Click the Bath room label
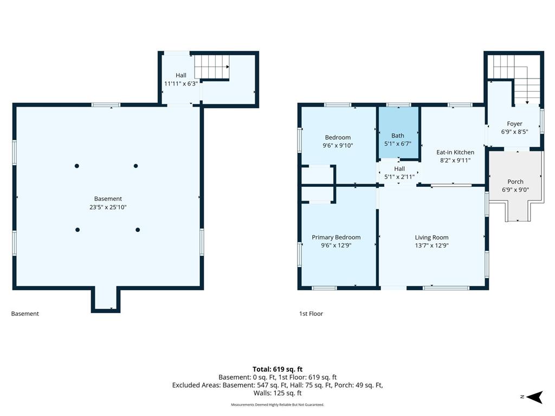tap(397, 135)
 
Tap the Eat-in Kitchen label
tap(455, 152)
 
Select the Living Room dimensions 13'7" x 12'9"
tap(432, 245)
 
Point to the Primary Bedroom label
tap(336, 237)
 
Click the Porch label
tap(515, 181)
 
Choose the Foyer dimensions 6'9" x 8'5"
tap(515, 132)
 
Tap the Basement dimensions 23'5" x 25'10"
tap(108, 207)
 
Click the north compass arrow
tap(534, 397)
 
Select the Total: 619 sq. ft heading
tap(277, 369)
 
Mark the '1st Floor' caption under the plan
tap(311, 314)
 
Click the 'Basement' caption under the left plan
tap(25, 314)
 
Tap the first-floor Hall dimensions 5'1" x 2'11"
tap(399, 177)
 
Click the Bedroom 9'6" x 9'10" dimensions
tap(338, 145)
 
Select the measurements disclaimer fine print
tap(277, 405)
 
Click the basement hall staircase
tap(212, 67)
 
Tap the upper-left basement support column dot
tap(77, 166)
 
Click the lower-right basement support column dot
tap(138, 230)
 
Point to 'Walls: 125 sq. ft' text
tap(277, 393)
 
